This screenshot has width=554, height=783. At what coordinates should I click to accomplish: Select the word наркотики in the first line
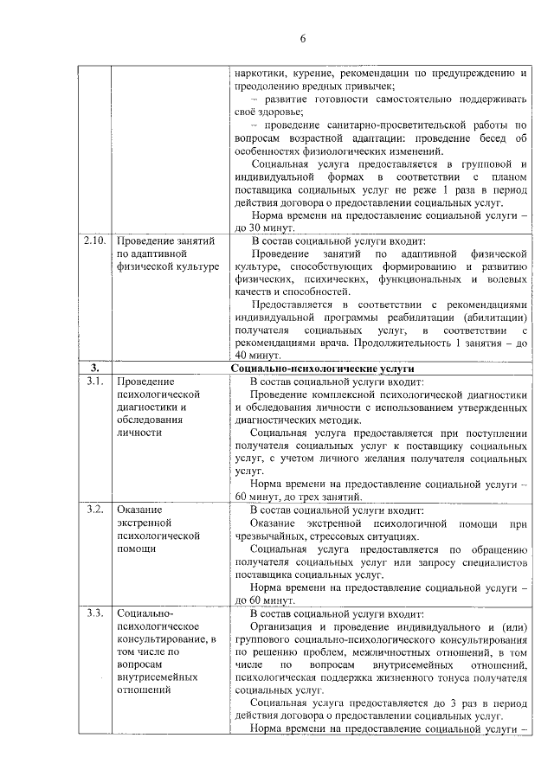click(x=260, y=74)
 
